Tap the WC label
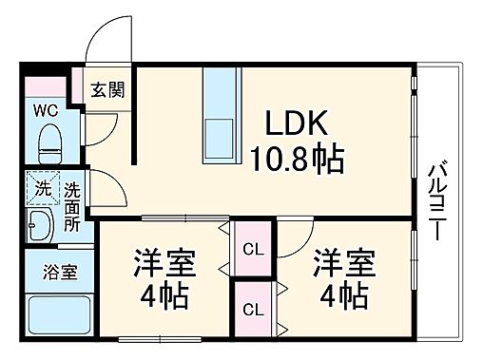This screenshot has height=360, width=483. (x=47, y=109)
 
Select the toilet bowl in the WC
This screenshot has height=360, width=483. (x=48, y=142)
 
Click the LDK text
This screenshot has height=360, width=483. (x=296, y=123)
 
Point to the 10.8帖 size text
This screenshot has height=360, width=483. (x=297, y=158)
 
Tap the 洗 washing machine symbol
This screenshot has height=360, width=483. (x=41, y=187)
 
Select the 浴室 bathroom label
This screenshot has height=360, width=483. (x=59, y=271)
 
